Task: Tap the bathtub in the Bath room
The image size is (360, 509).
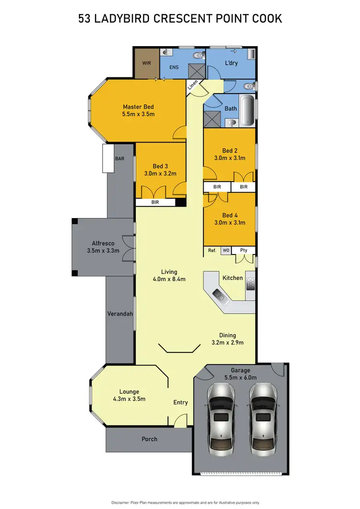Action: pyautogui.click(x=247, y=111)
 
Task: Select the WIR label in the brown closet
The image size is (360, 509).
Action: pyautogui.click(x=146, y=63)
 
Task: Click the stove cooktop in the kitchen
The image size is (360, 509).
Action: pyautogui.click(x=250, y=284)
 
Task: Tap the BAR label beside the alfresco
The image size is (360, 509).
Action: pyautogui.click(x=119, y=158)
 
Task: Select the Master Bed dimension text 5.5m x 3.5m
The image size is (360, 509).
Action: pyautogui.click(x=138, y=114)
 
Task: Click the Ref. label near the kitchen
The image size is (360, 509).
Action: pyautogui.click(x=212, y=250)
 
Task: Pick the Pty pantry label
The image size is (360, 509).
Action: pyautogui.click(x=243, y=250)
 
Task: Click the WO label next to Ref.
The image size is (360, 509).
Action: pyautogui.click(x=226, y=250)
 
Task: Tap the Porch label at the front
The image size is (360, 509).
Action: pyautogui.click(x=149, y=439)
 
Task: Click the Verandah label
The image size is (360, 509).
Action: pyautogui.click(x=120, y=314)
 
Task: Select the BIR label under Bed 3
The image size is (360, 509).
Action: pyautogui.click(x=155, y=203)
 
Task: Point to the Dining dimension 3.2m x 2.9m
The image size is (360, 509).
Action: pyautogui.click(x=228, y=342)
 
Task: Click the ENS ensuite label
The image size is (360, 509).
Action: pyautogui.click(x=174, y=67)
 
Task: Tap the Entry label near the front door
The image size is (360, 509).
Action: pyautogui.click(x=180, y=402)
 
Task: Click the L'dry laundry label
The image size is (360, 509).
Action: pyautogui.click(x=232, y=63)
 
